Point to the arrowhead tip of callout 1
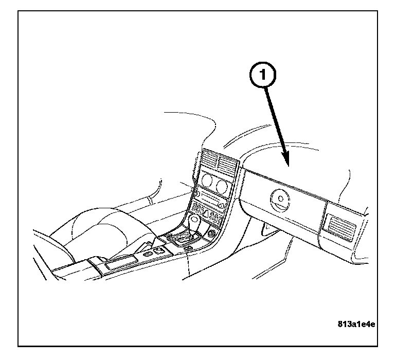pyautogui.click(x=290, y=166)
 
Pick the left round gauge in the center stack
pyautogui.click(x=207, y=181)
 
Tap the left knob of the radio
pyautogui.click(x=196, y=194)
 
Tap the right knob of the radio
pyautogui.click(x=220, y=206)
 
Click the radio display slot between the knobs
pyautogui.click(x=208, y=199)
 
